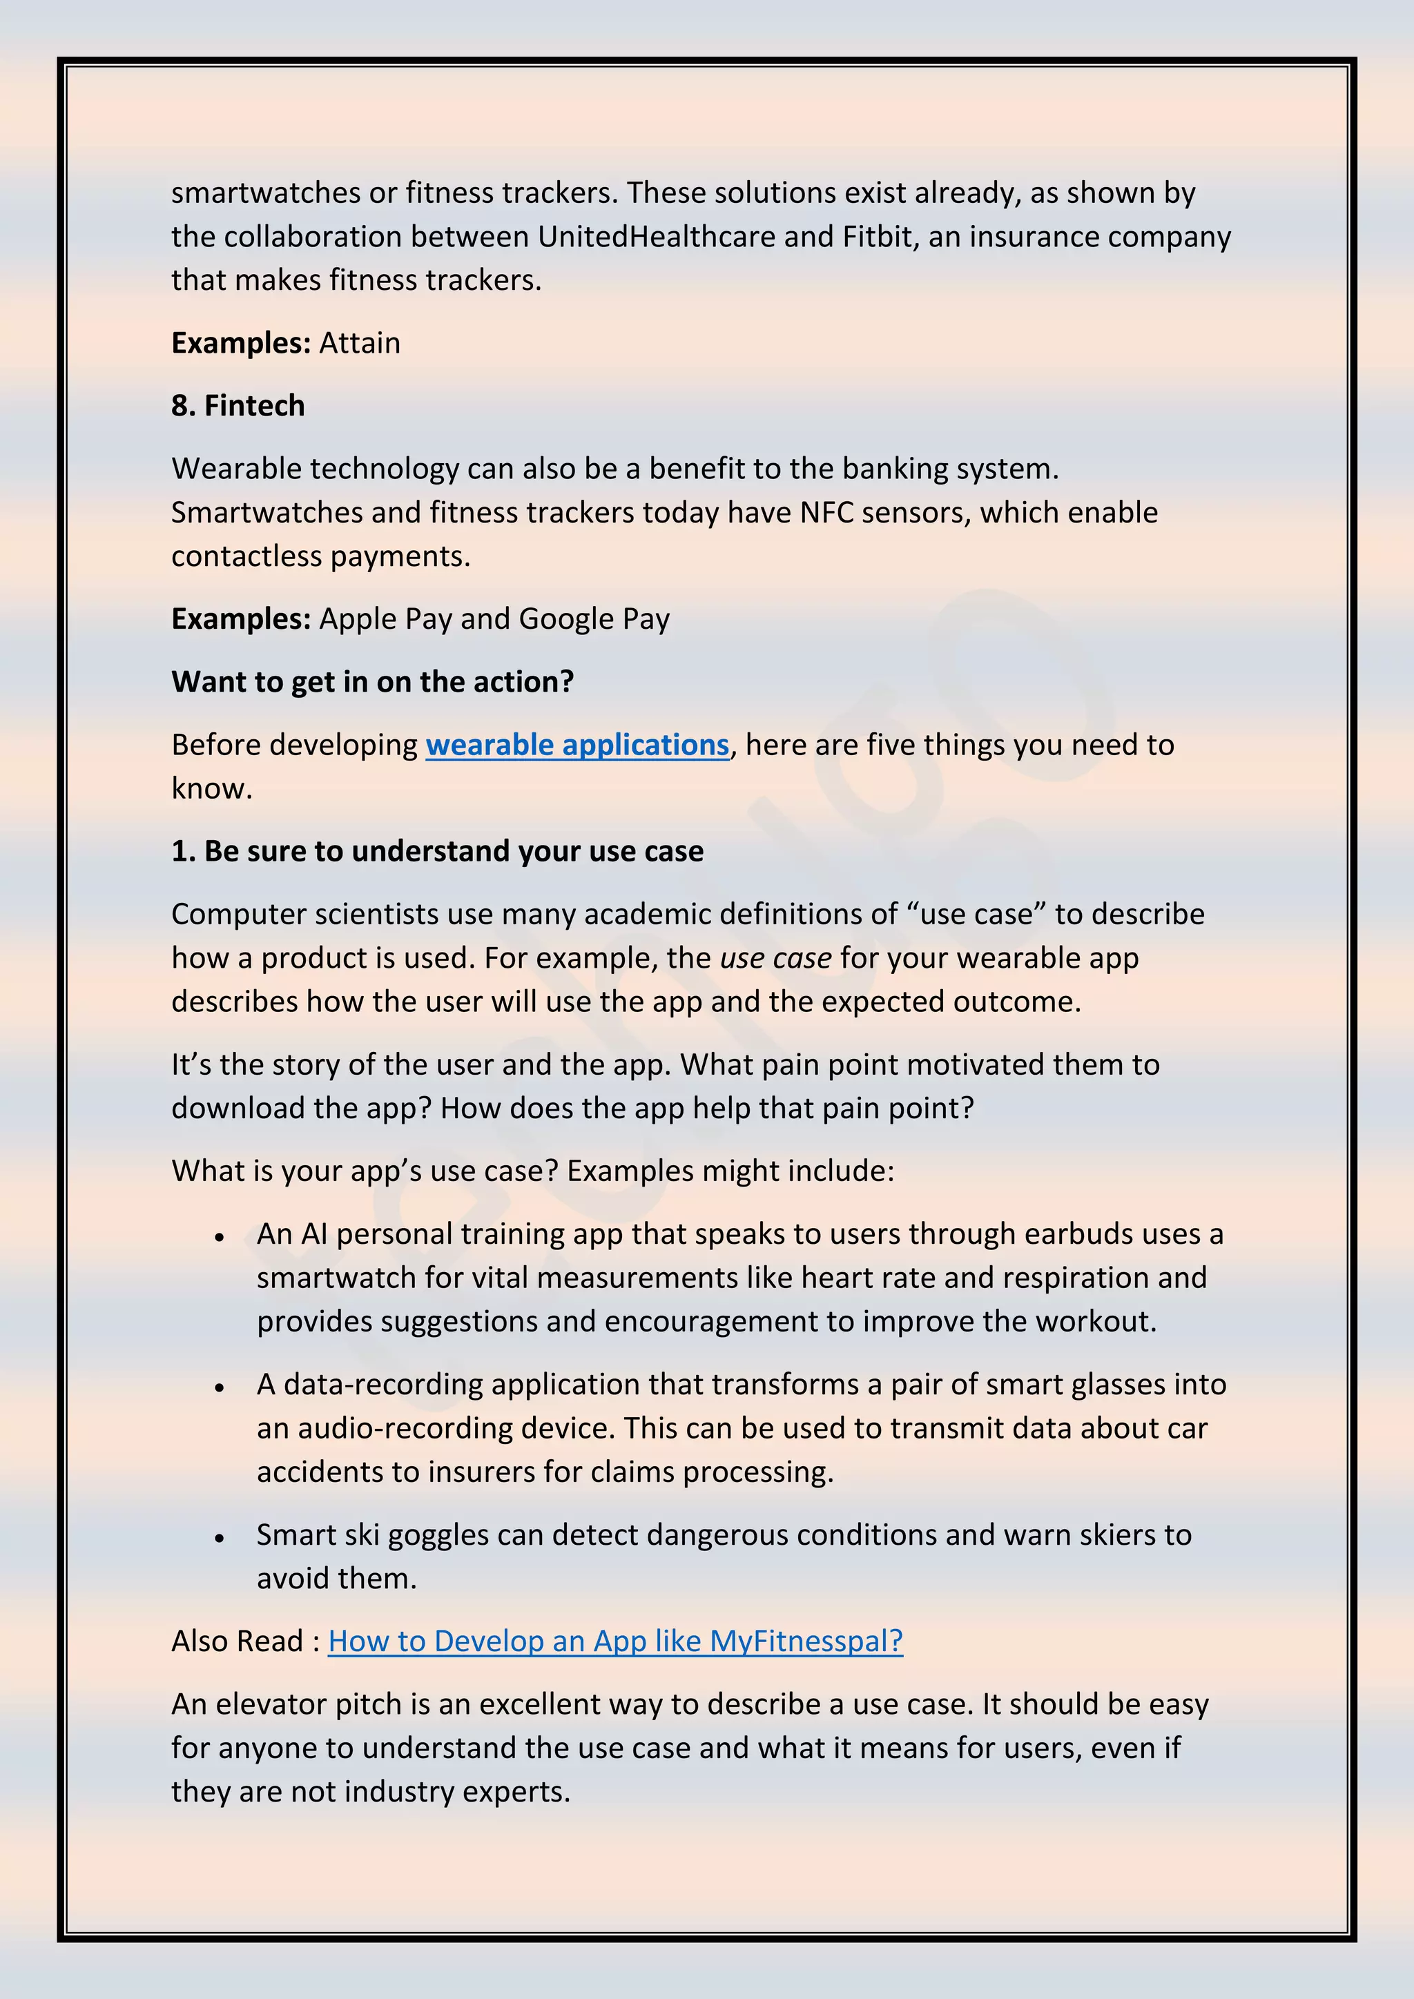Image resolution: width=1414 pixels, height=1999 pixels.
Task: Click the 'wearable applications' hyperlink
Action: (577, 745)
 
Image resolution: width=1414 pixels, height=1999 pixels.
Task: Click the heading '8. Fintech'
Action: (238, 406)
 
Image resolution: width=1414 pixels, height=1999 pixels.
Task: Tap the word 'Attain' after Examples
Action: (360, 343)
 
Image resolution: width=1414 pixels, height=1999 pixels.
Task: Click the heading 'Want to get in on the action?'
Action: (373, 682)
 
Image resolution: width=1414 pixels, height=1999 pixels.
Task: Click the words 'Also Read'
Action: (237, 1641)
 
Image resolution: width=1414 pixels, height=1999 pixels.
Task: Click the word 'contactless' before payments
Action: (246, 556)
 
